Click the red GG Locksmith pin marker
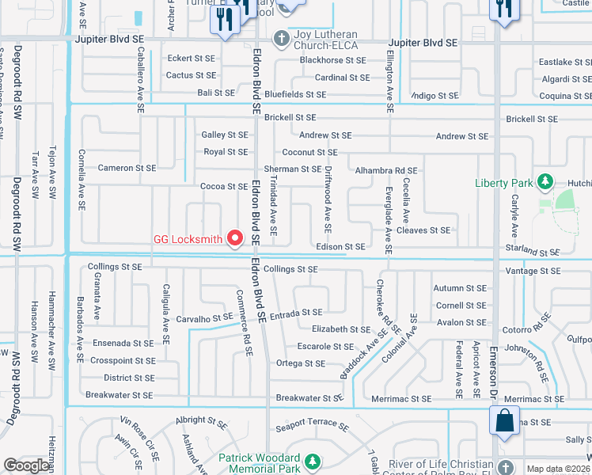tap(234, 237)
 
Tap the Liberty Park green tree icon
tap(545, 183)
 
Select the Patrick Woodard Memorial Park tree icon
tap(312, 460)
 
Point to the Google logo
tap(27, 465)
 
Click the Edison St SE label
tap(340, 247)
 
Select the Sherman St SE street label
tap(292, 169)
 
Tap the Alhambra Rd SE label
tap(385, 170)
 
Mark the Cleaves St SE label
tap(423, 230)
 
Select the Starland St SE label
tap(532, 250)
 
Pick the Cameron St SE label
tap(127, 168)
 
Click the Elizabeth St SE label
tap(341, 329)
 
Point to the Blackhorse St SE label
tap(332, 60)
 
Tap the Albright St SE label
tap(202, 420)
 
